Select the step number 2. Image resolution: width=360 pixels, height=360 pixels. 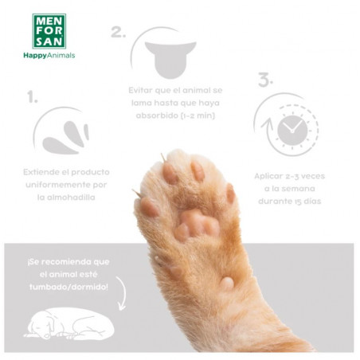[118, 33]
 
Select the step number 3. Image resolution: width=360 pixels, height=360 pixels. [264, 80]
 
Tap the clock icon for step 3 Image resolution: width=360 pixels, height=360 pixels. [291, 127]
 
